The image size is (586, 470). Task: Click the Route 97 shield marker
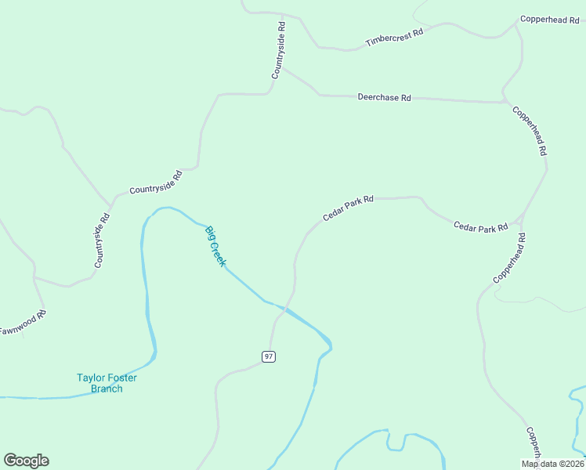(x=269, y=356)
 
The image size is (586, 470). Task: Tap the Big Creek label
(x=215, y=246)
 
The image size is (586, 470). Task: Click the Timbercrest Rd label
(x=394, y=37)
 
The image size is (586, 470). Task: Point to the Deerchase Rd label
(x=384, y=98)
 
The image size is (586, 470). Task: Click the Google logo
(x=26, y=461)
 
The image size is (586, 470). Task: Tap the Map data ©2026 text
(x=552, y=464)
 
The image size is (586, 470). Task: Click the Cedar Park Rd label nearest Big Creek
(x=348, y=208)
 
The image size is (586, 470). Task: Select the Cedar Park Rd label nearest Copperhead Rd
(x=481, y=227)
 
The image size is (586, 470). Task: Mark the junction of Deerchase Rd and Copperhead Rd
(x=505, y=102)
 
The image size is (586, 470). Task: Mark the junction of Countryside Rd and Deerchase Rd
(x=283, y=68)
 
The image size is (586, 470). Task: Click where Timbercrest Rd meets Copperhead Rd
(x=516, y=23)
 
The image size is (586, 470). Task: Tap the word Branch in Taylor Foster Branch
(x=107, y=389)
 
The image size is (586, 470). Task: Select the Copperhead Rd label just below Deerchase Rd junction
(x=530, y=131)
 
